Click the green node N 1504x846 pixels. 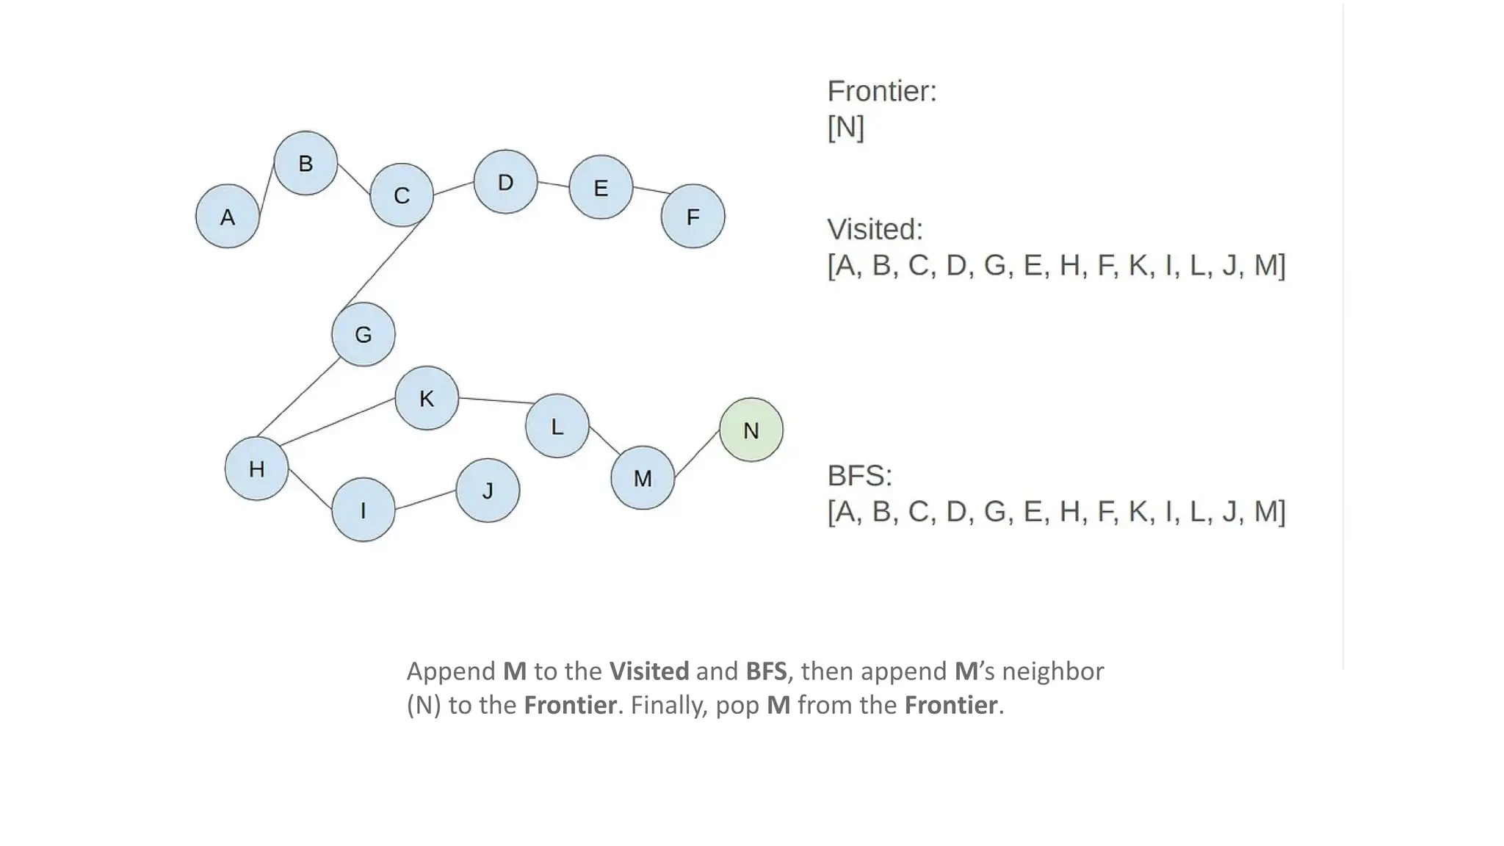coord(751,430)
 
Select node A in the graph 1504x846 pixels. coord(228,217)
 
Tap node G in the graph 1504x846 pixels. coord(363,334)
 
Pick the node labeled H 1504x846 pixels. coord(256,469)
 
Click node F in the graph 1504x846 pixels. coord(693,217)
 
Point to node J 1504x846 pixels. coord(488,491)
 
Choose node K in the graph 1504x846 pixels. coord(427,398)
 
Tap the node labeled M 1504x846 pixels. coord(643,478)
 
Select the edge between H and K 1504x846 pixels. coord(338,422)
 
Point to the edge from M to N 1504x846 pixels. coord(697,453)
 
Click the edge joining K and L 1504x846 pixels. coord(496,400)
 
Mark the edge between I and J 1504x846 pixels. coord(425,500)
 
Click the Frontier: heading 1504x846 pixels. coord(882,91)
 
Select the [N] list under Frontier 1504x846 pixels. coord(845,127)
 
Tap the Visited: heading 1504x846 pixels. coord(875,229)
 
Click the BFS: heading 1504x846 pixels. coord(859,476)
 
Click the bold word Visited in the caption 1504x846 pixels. coord(649,671)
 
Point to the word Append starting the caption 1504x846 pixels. coord(451,671)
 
